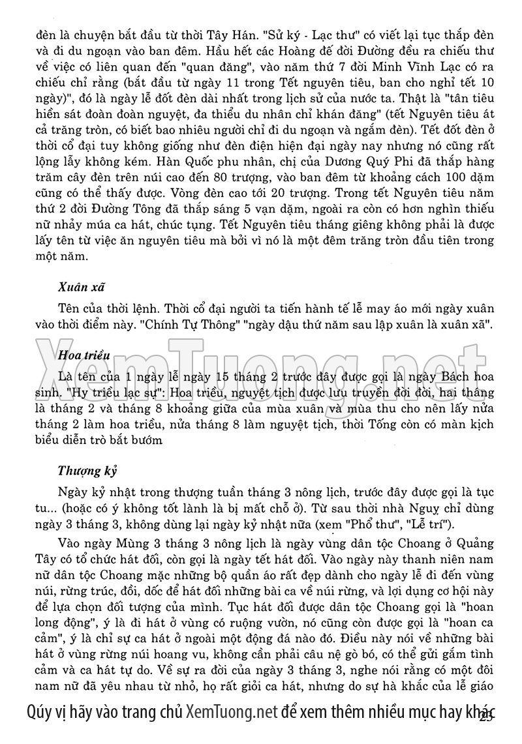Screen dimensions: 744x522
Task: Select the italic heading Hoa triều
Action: pyautogui.click(x=83, y=355)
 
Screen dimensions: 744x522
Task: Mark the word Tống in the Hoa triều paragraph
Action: pyautogui.click(x=387, y=425)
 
